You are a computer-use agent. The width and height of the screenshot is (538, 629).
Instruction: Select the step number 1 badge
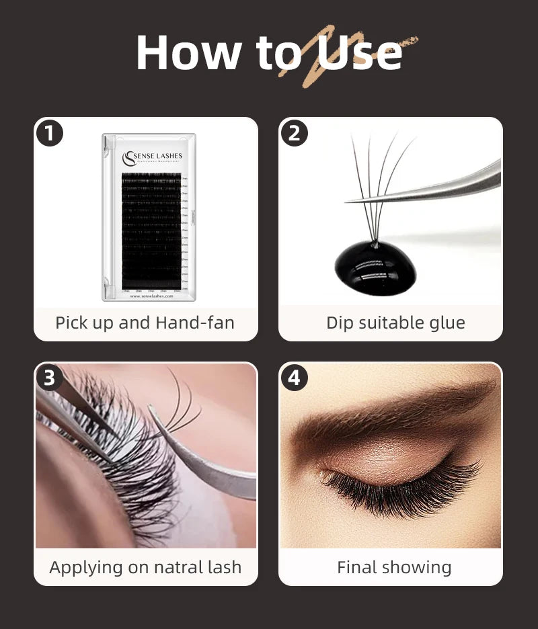click(49, 133)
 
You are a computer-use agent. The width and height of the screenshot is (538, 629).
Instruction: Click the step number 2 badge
click(294, 133)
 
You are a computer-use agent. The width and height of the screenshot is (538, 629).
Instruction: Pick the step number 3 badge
click(49, 378)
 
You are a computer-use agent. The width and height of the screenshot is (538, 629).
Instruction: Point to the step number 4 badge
click(294, 378)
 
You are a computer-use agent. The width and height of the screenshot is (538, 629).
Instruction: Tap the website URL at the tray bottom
click(151, 296)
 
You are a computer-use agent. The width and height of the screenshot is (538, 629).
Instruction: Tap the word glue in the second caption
click(447, 323)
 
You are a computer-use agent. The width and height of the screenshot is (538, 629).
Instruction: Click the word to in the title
click(274, 52)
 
